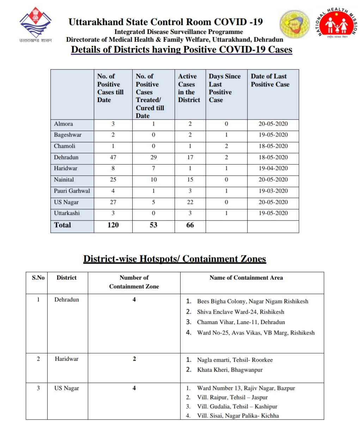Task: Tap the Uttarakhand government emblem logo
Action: tap(35, 24)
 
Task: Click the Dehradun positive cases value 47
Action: tap(113, 157)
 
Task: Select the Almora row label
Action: tap(63, 124)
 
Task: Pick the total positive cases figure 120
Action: tap(113, 225)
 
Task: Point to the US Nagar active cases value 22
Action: tap(190, 202)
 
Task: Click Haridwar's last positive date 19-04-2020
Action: tap(273, 168)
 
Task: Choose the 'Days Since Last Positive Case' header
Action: tap(225, 88)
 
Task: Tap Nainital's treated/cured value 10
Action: tap(153, 180)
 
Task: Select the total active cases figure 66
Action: tap(190, 225)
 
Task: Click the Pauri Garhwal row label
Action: tap(72, 191)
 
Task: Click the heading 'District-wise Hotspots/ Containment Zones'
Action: tap(175, 259)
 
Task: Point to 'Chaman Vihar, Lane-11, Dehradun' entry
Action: tap(241, 322)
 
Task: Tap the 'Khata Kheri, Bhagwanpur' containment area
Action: tap(230, 370)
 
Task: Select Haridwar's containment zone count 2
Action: tap(134, 359)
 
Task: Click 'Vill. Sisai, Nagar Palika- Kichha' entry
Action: tap(238, 416)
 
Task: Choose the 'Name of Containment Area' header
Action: tap(246, 278)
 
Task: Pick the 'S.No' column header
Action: tap(38, 278)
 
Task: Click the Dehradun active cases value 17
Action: tap(190, 157)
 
